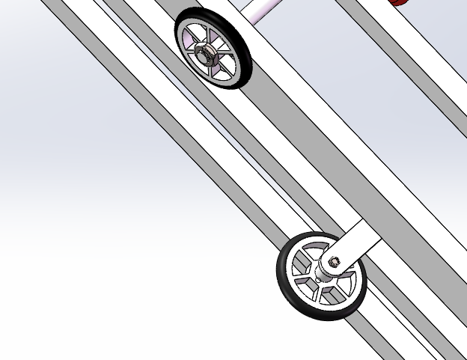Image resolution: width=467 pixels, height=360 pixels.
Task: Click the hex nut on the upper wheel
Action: pyautogui.click(x=205, y=52)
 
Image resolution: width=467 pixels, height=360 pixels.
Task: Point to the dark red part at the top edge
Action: pyautogui.click(x=399, y=2)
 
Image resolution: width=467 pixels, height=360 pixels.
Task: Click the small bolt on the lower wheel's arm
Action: pyautogui.click(x=335, y=261)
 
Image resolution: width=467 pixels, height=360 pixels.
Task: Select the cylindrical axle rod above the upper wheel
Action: pyautogui.click(x=258, y=9)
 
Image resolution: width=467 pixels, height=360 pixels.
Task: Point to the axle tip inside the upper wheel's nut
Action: pyautogui.click(x=203, y=52)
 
